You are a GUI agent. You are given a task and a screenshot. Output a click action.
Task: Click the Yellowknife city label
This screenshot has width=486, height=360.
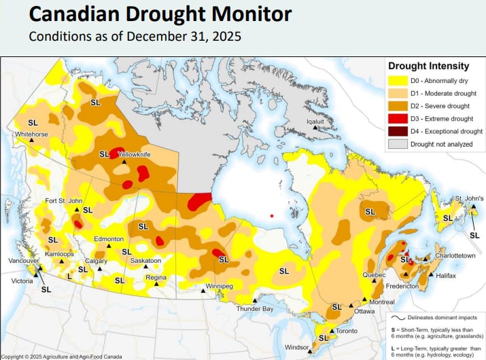click(x=135, y=155)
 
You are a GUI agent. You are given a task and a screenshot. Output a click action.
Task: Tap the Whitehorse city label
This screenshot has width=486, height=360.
click(x=31, y=134)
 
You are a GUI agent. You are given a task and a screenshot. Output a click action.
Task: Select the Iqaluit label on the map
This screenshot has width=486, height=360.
click(x=315, y=122)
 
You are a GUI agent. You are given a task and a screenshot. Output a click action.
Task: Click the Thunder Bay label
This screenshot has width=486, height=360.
click(x=254, y=309)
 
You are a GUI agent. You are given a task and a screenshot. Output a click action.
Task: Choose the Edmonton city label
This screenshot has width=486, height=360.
click(x=109, y=239)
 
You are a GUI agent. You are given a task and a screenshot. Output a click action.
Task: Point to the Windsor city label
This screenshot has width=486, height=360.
click(x=296, y=347)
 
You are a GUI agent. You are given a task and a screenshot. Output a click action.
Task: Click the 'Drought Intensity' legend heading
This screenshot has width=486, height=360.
click(x=428, y=66)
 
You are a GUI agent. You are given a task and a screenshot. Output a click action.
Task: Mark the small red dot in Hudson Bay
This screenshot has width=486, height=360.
click(x=271, y=216)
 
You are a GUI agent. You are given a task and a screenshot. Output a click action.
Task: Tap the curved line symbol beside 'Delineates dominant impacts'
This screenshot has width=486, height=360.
click(x=397, y=316)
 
